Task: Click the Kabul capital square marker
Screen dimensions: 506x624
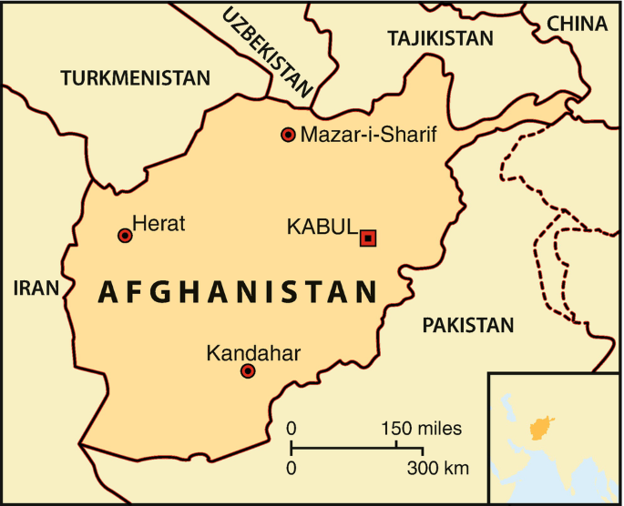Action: pyautogui.click(x=368, y=238)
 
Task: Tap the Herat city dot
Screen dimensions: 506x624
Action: pyautogui.click(x=126, y=236)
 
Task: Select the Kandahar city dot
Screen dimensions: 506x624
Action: pyautogui.click(x=248, y=370)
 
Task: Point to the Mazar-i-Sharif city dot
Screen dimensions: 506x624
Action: pyautogui.click(x=289, y=135)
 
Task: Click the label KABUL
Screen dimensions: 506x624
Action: pyautogui.click(x=321, y=227)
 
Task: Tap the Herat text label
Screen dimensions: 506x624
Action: pyautogui.click(x=159, y=222)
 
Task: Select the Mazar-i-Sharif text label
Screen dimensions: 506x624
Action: pyautogui.click(x=368, y=136)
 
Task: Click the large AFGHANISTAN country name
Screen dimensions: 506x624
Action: pyautogui.click(x=237, y=292)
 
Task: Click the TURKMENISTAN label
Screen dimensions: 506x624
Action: pyautogui.click(x=135, y=78)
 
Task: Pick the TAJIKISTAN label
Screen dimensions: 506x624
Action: pyautogui.click(x=440, y=38)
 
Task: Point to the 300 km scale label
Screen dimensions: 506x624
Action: pyautogui.click(x=438, y=470)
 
